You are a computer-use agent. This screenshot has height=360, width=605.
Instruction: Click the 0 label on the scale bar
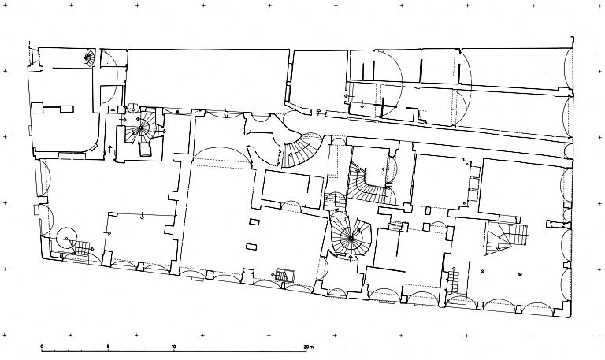42,346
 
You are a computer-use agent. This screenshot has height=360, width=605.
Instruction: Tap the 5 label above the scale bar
108,346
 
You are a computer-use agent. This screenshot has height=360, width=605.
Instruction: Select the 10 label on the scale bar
174,346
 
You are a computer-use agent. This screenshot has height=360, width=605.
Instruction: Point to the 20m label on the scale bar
309,347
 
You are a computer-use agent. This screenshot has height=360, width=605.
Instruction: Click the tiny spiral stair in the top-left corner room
89,58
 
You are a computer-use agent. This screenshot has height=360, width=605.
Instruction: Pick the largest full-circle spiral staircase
351,237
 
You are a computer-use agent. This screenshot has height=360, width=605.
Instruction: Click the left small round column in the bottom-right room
482,272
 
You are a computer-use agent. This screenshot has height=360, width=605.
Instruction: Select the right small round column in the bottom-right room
520,274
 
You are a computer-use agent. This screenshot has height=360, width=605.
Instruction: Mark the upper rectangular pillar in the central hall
254,221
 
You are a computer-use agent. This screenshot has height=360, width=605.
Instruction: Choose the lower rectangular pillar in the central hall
251,247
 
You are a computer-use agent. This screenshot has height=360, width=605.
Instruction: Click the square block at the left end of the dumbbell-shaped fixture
37,108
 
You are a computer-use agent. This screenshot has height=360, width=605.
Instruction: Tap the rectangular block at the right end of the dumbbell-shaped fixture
67,109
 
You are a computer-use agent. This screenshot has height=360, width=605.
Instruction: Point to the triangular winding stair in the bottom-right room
506,238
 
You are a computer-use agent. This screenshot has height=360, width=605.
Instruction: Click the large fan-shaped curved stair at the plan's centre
303,150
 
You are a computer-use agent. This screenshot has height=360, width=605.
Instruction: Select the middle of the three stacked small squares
473,184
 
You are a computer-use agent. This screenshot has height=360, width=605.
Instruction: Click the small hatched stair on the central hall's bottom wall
284,276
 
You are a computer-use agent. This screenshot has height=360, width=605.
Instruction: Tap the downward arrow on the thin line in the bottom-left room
143,216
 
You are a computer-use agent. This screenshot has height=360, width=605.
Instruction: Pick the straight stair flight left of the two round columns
453,282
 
